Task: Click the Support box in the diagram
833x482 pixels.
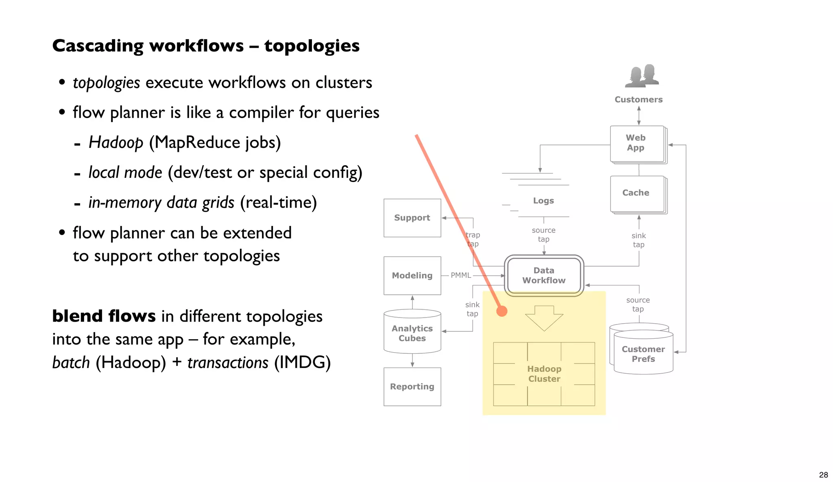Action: point(412,218)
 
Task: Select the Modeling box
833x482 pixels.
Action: point(412,276)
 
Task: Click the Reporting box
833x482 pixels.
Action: point(412,386)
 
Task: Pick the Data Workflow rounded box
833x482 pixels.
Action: point(544,276)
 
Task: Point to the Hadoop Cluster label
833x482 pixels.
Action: point(544,374)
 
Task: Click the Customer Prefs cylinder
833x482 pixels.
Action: point(643,354)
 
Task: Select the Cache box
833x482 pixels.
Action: point(636,193)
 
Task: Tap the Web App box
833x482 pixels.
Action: point(636,143)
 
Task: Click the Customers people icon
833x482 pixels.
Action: point(641,76)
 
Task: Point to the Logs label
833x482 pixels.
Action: point(543,201)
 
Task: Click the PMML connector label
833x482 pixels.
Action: point(461,276)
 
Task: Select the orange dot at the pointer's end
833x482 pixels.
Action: point(502,311)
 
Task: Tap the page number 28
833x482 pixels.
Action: point(823,475)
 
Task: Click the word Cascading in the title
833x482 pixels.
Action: point(97,46)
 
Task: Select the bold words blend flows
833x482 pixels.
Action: point(104,316)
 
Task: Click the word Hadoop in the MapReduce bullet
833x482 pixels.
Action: point(116,143)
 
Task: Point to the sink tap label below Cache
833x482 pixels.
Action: point(639,240)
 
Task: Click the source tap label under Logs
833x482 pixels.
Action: point(543,235)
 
